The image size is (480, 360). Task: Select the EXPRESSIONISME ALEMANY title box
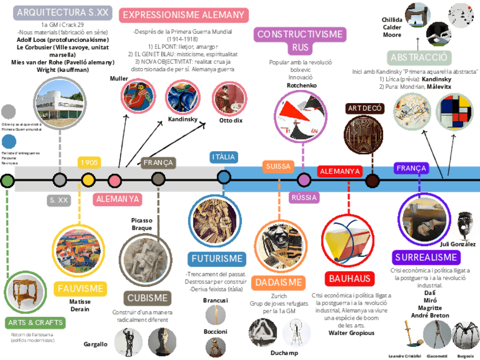click(183, 15)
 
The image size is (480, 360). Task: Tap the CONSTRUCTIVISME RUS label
click(300, 41)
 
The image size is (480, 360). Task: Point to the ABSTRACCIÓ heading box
click(419, 58)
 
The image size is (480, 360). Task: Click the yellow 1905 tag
click(89, 162)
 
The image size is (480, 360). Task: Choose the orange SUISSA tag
click(278, 166)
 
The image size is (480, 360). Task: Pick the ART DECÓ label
click(365, 108)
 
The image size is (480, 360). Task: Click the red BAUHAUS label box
click(350, 278)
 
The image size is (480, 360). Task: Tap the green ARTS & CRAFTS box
click(35, 323)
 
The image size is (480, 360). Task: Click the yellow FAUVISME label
click(80, 289)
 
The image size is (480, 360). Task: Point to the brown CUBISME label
click(147, 298)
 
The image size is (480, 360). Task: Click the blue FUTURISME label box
click(217, 259)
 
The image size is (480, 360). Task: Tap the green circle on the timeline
click(7, 181)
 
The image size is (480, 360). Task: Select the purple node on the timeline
click(304, 180)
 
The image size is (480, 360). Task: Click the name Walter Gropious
click(352, 333)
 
